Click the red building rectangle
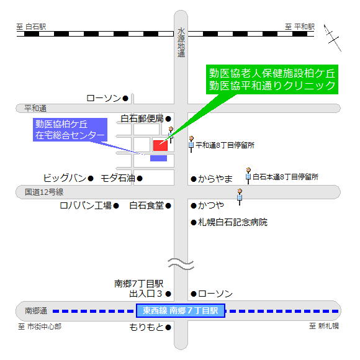point(160,145)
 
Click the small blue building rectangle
point(158,158)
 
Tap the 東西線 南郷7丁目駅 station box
point(181,310)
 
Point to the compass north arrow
point(333,38)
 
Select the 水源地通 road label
point(181,43)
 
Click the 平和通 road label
point(35,108)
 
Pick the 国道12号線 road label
point(44,192)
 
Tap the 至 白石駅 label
point(31,27)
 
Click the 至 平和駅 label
point(300,27)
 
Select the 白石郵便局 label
point(142,119)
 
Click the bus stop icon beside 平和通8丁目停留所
point(191,144)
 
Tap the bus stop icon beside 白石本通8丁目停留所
point(248,176)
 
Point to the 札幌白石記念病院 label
point(233,222)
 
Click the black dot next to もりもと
point(168,327)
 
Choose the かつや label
point(211,205)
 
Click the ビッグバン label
point(65,178)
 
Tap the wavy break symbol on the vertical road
point(181,264)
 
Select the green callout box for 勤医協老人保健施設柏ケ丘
point(272,79)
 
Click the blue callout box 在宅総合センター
point(70,130)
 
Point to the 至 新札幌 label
point(324,326)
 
